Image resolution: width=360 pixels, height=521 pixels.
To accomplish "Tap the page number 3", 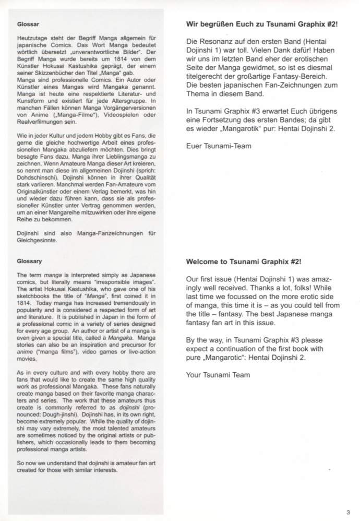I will (347, 512).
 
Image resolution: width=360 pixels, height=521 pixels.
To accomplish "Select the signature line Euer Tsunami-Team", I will (219, 146).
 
